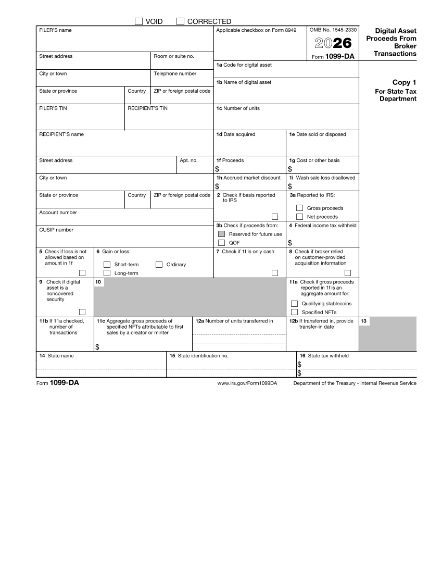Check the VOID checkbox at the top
click(138, 21)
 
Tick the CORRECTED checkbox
click(181, 21)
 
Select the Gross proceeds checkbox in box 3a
click(299, 208)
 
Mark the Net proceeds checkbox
click(299, 217)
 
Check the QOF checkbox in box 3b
click(221, 243)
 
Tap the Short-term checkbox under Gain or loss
click(107, 265)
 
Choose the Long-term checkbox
click(107, 273)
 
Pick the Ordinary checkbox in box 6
click(159, 265)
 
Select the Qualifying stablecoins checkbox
click(294, 304)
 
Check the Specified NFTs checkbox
click(294, 312)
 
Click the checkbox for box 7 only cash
click(275, 273)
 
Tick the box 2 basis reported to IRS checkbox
click(275, 217)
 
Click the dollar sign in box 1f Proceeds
click(217, 169)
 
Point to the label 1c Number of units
click(238, 108)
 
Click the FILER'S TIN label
click(53, 108)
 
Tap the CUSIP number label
click(56, 230)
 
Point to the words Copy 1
click(404, 82)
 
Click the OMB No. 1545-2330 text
click(333, 30)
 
